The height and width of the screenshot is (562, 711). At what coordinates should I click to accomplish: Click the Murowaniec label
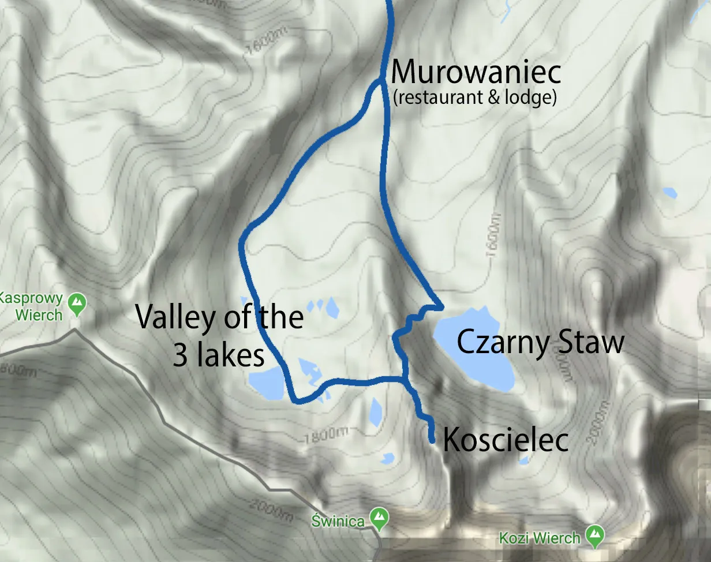pos(476,72)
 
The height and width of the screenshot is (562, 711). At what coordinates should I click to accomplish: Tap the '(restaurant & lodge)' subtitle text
pos(474,98)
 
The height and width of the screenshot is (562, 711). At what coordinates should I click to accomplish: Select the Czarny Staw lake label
pos(540,342)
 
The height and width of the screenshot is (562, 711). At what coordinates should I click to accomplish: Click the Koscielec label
pos(506,440)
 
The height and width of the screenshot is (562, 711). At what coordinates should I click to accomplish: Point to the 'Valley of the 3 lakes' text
pos(219,336)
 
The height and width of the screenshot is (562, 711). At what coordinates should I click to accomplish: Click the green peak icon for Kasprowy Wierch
pos(76,303)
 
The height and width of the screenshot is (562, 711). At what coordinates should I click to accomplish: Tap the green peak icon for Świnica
pos(379,519)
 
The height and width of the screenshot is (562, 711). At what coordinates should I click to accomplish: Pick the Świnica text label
pos(338,522)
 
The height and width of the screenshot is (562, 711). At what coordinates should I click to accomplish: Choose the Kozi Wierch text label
pos(540,538)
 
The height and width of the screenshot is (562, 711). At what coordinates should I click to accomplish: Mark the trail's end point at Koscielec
pos(432,440)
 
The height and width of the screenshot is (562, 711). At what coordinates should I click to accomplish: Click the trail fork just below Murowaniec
pos(381,83)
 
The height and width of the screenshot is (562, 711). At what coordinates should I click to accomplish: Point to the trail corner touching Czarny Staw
pos(441,306)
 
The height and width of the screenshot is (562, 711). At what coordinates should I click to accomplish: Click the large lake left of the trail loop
pos(267,384)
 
